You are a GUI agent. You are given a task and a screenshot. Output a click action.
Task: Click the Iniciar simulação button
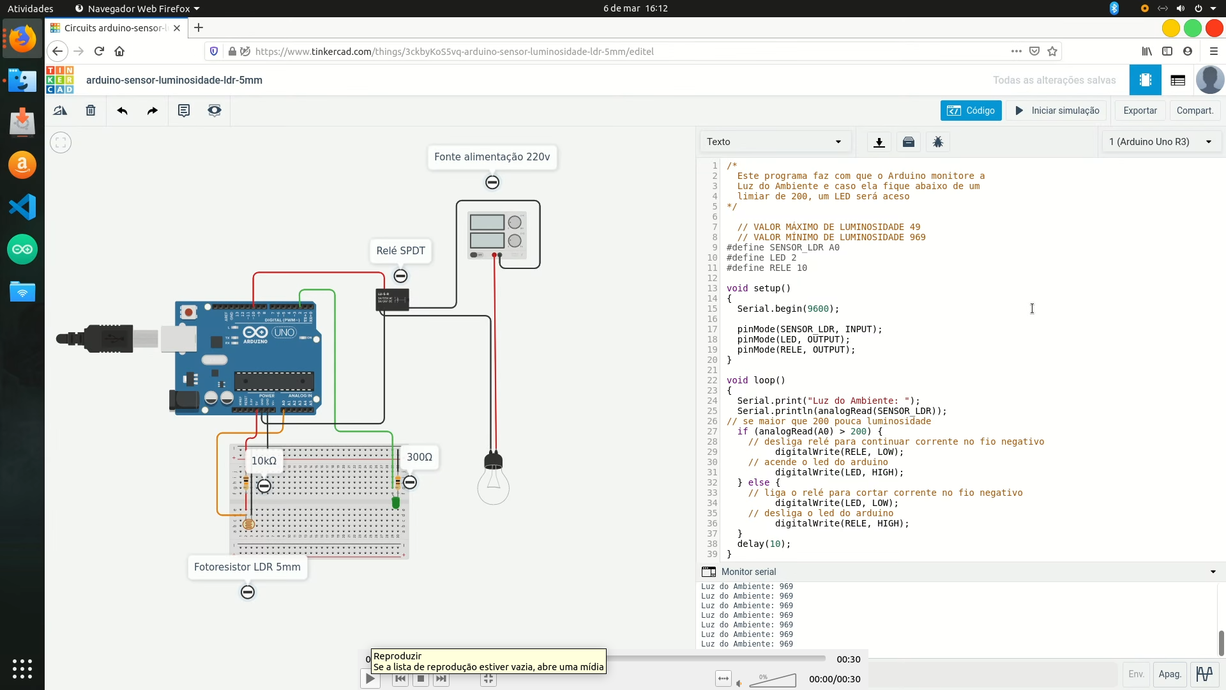tap(1057, 111)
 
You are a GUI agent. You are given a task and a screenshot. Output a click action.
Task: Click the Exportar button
tap(1140, 111)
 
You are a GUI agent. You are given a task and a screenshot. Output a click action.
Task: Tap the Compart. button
tap(1194, 111)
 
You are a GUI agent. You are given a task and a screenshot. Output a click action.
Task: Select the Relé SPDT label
tap(400, 250)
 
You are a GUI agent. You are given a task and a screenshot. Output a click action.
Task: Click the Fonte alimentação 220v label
tap(492, 157)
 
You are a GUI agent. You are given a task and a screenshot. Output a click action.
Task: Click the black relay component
tap(392, 300)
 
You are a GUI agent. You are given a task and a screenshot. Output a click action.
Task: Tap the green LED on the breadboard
tap(396, 503)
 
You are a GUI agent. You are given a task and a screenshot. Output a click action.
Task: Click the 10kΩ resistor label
tap(264, 461)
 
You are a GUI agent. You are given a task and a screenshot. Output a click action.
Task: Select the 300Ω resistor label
tap(420, 457)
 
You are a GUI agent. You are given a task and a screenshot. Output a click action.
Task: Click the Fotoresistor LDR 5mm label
tap(247, 567)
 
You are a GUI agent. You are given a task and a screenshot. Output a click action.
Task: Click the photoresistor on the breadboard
tap(248, 525)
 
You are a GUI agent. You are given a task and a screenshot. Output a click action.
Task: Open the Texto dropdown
tap(774, 142)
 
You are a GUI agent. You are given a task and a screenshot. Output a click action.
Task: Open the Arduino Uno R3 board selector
tap(1160, 142)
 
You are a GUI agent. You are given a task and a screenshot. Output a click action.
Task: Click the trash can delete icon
tap(91, 111)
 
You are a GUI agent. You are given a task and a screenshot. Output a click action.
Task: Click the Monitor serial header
tap(748, 572)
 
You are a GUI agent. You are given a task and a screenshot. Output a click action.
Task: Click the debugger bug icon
tap(937, 142)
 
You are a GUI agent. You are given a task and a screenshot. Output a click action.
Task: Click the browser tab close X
tap(177, 28)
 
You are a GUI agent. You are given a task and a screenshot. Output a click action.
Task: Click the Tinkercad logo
tap(59, 80)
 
